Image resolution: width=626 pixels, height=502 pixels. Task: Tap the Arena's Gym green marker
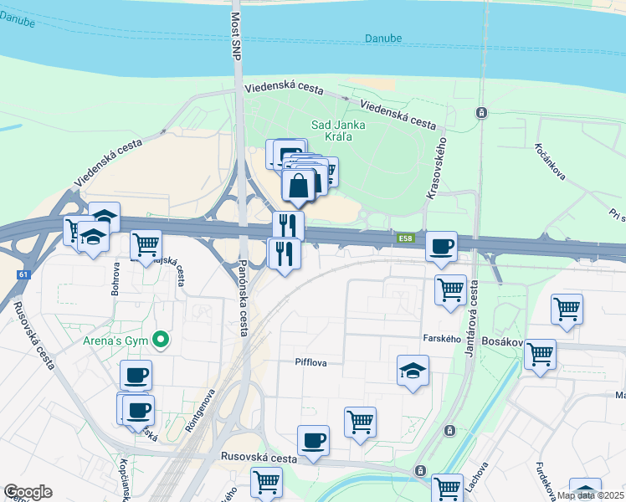[x=163, y=340]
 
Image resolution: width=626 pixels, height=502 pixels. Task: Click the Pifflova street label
[x=310, y=363]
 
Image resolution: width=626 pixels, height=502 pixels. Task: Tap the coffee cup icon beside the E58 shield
[x=441, y=246]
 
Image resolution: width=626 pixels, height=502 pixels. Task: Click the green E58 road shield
[x=406, y=240]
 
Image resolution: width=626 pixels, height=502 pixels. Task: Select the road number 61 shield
[x=21, y=274]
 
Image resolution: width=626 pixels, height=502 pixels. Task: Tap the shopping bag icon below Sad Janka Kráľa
[x=299, y=184]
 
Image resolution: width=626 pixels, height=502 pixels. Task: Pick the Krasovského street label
[x=437, y=168]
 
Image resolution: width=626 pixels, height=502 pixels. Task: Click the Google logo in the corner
[x=28, y=492]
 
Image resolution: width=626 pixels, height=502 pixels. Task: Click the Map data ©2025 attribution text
[x=591, y=495]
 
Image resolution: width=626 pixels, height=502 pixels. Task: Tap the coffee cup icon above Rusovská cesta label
[x=313, y=440]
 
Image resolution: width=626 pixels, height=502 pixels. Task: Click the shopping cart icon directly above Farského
[x=450, y=289]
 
